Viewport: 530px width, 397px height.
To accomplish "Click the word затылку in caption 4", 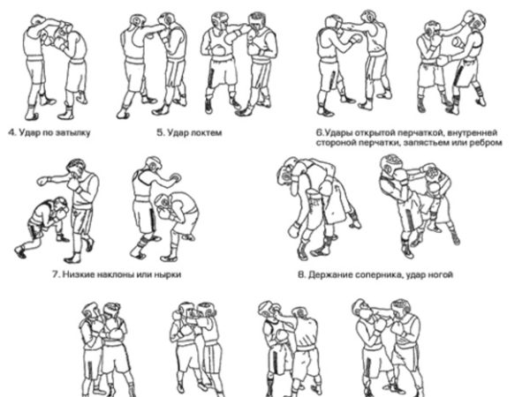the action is click(x=72, y=133).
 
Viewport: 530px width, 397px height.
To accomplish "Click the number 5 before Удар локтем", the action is click(x=160, y=132).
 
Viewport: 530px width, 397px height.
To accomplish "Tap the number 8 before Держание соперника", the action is click(x=301, y=274).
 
